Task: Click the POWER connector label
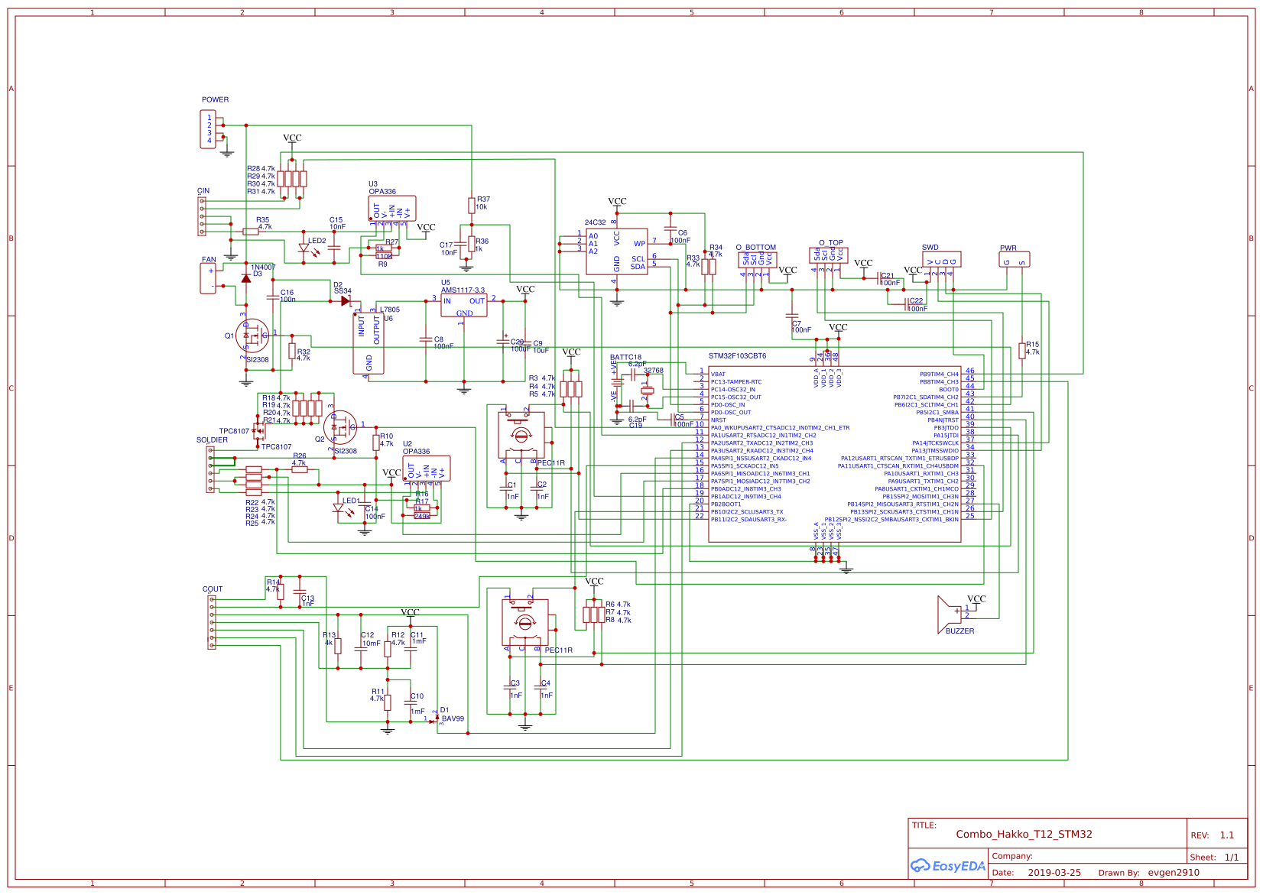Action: (215, 99)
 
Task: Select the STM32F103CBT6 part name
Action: (736, 356)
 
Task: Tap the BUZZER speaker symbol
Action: (948, 615)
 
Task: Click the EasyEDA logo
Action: (947, 866)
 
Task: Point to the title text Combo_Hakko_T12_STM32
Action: (1023, 834)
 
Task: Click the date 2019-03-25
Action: (1054, 873)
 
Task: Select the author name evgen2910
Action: (1173, 873)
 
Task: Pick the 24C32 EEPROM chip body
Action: (616, 251)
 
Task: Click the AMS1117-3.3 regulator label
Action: (463, 290)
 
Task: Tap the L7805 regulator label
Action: (389, 310)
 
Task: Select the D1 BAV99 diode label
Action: (451, 715)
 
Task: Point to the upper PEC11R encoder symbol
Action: (521, 435)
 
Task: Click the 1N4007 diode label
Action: (263, 267)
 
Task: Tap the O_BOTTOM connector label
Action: (755, 248)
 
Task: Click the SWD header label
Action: (930, 248)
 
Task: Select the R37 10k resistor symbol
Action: (472, 206)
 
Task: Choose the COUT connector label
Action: (213, 589)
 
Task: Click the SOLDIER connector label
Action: (212, 440)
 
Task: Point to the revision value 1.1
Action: (1226, 835)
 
